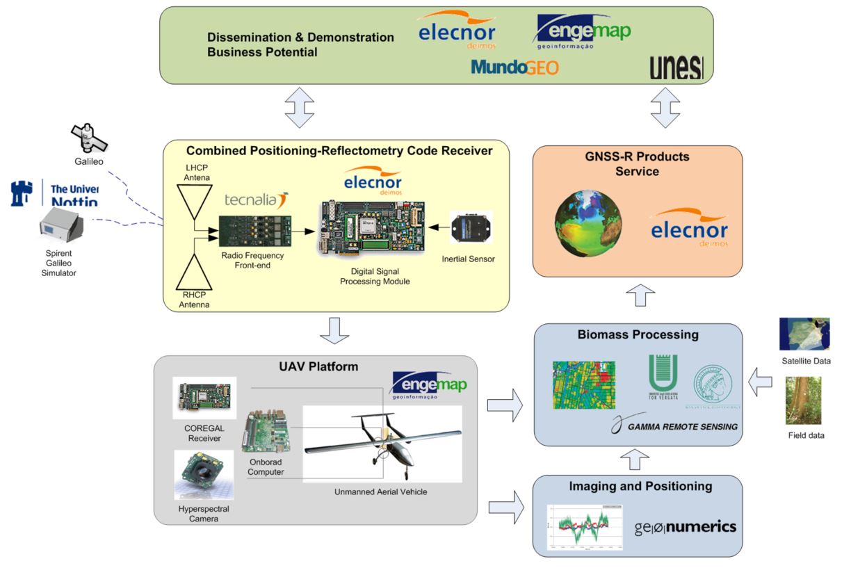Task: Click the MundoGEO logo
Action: click(514, 67)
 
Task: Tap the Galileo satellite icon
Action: click(85, 137)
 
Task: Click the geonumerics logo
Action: click(685, 527)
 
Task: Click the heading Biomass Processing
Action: click(638, 334)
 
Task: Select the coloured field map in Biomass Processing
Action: click(583, 384)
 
